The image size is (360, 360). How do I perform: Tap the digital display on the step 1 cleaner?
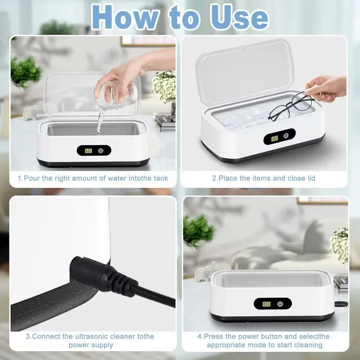[x=89, y=151]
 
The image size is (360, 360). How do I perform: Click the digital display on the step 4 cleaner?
[x=266, y=304]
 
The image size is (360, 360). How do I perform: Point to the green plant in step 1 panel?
[x=25, y=72]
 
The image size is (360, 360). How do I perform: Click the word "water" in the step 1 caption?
[x=117, y=178]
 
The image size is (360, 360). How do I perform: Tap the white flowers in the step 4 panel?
[x=339, y=245]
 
